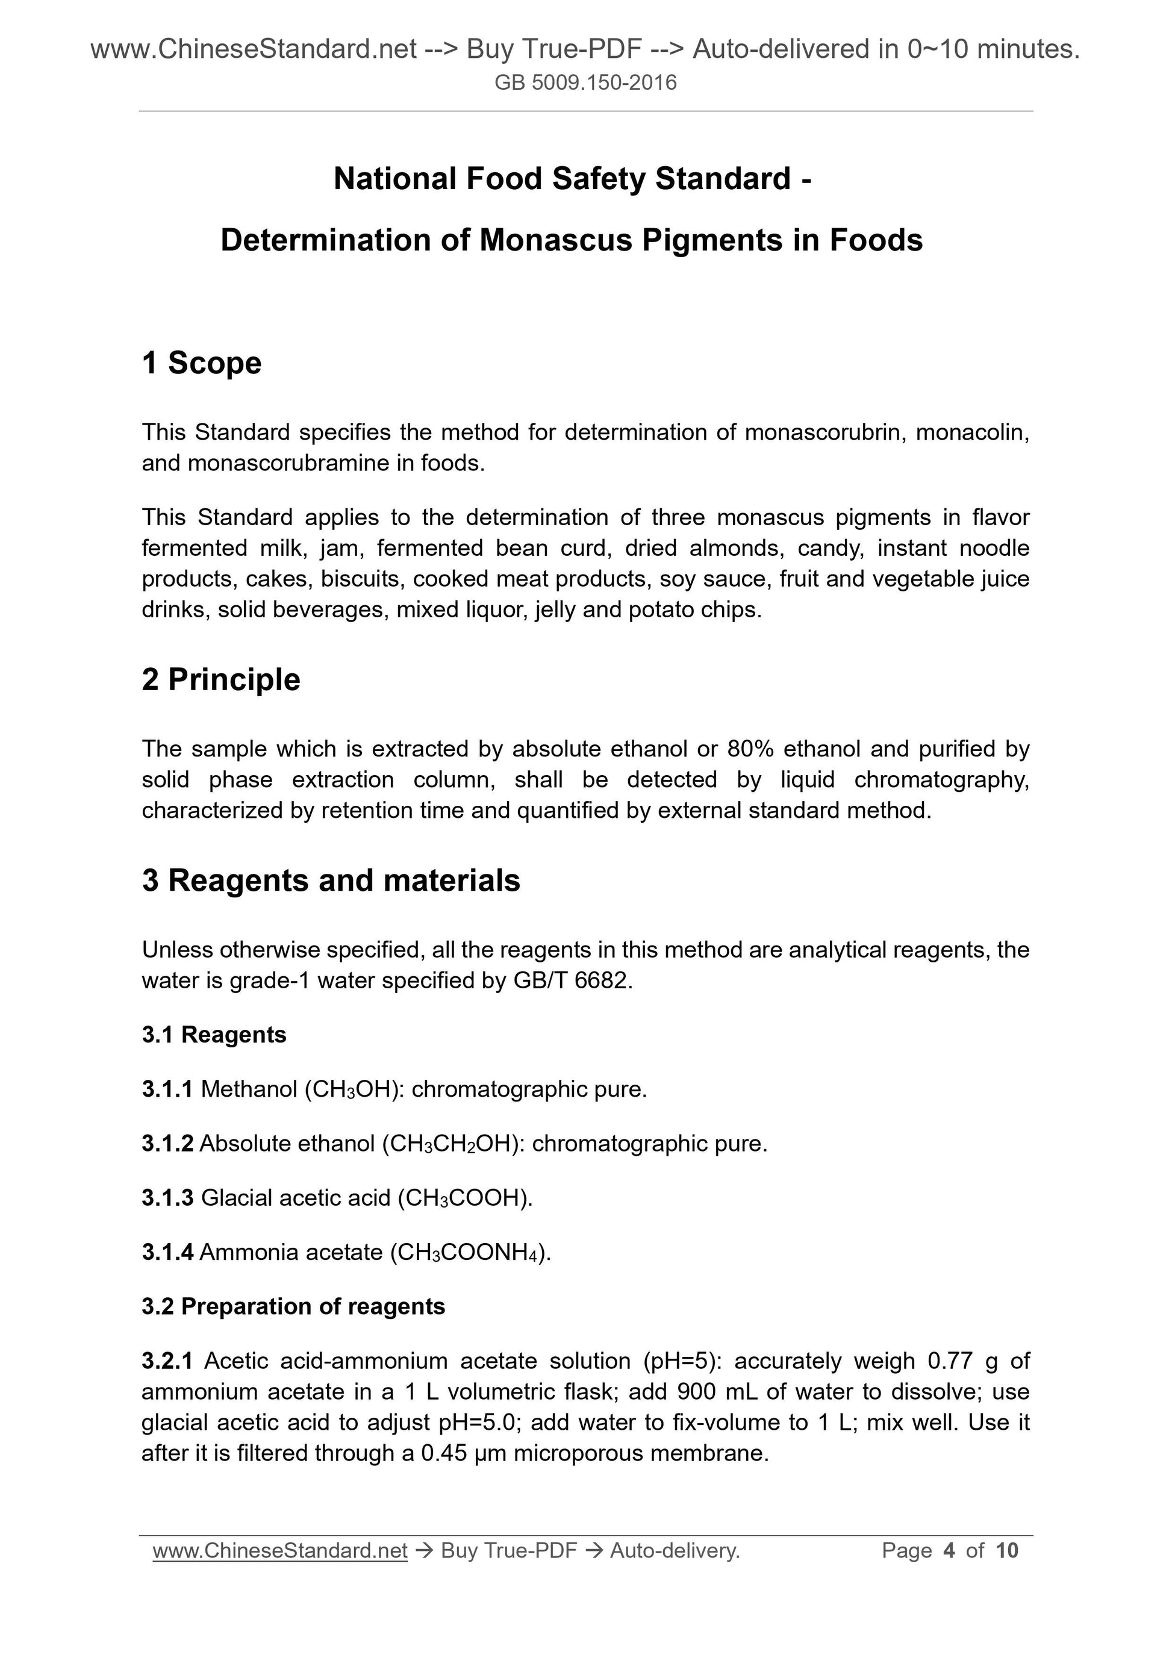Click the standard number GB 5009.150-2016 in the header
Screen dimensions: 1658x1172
pyautogui.click(x=585, y=83)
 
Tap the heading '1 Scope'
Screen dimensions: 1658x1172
pyautogui.click(x=202, y=363)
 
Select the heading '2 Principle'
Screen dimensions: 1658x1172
pyautogui.click(x=221, y=679)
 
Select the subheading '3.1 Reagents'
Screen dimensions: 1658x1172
pyautogui.click(x=214, y=1035)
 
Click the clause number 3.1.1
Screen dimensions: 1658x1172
pyautogui.click(x=167, y=1089)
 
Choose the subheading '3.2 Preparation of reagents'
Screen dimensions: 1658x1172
pyautogui.click(x=293, y=1306)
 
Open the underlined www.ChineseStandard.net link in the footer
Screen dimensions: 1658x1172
pyautogui.click(x=280, y=1550)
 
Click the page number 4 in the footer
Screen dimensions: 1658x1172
pyautogui.click(x=949, y=1550)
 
